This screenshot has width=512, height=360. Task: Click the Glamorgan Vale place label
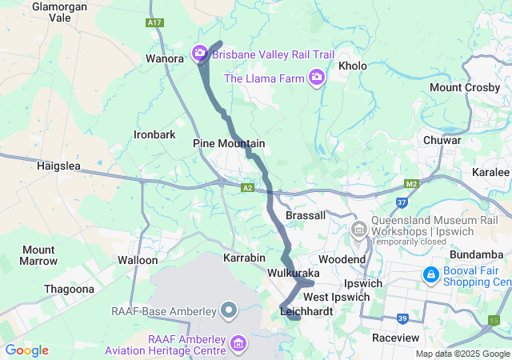coord(60,11)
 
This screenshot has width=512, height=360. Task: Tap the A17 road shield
coord(155,23)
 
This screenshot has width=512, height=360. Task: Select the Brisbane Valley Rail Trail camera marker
coord(199,54)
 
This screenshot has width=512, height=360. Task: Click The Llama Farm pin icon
coord(318,78)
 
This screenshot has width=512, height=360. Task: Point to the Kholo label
coord(353,66)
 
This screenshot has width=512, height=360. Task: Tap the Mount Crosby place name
coord(463,87)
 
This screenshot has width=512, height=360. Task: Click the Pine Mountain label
coord(229,143)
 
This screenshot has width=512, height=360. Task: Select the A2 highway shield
coord(248,188)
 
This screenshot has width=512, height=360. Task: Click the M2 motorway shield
coord(411,185)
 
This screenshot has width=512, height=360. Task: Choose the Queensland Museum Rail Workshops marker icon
coord(359,229)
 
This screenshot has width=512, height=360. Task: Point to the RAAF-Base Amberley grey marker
coord(229,310)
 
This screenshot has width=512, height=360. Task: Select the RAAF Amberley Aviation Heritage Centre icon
coord(238,345)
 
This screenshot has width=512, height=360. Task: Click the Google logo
coord(26,350)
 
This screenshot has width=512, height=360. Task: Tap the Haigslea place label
coord(59,166)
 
